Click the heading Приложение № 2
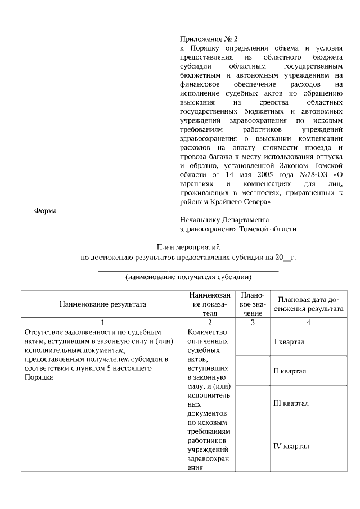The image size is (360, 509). (209, 39)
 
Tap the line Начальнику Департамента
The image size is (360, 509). (224, 219)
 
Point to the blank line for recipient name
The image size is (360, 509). (188, 271)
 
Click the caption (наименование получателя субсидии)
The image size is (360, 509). (188, 277)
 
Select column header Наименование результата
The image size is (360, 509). (102, 304)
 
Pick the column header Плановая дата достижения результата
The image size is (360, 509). (308, 304)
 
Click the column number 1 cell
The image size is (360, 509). (102, 322)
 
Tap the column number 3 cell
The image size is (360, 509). (253, 322)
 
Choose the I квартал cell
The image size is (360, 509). (289, 341)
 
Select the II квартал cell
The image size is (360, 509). (289, 371)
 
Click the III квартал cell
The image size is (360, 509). (289, 403)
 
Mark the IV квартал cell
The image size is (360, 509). (289, 446)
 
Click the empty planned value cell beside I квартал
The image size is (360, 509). (253, 341)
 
